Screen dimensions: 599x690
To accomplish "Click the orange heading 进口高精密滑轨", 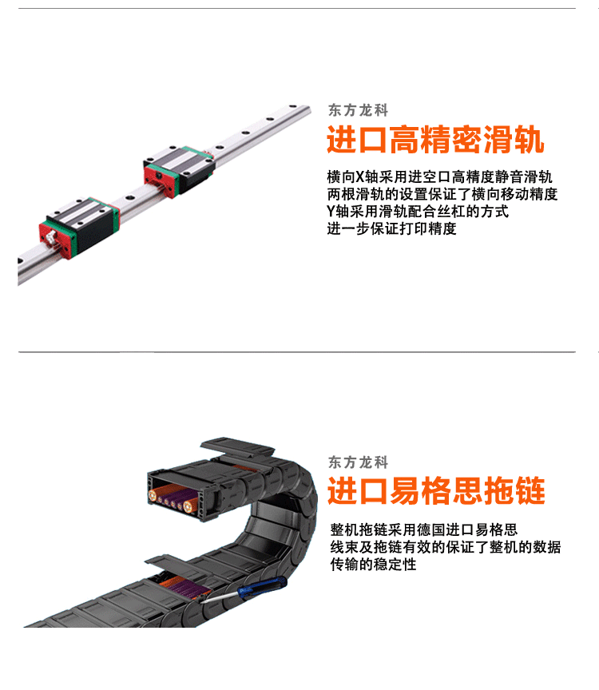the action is point(435,141).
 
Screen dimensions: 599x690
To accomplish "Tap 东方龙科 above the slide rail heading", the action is point(358,111).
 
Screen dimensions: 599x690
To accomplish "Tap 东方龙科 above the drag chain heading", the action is point(358,462).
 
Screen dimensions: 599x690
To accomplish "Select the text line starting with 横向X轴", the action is point(439,177).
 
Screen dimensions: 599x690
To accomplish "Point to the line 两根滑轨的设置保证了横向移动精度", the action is point(442,194).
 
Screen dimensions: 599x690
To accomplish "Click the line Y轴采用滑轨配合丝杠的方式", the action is point(417,212).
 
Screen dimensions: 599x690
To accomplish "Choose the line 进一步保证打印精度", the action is point(391,229).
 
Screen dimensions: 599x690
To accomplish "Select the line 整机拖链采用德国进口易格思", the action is point(423,530).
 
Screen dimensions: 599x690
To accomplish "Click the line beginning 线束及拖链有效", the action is point(445,548).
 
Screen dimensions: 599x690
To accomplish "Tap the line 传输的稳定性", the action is point(373,565).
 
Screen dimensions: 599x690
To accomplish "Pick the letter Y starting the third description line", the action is point(331,212).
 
